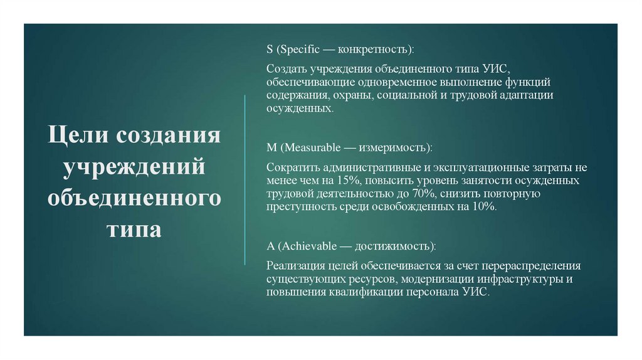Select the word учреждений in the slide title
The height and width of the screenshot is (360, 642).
tap(134, 167)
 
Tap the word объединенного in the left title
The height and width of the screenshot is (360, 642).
tap(134, 198)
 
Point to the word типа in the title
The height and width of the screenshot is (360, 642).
tap(134, 229)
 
